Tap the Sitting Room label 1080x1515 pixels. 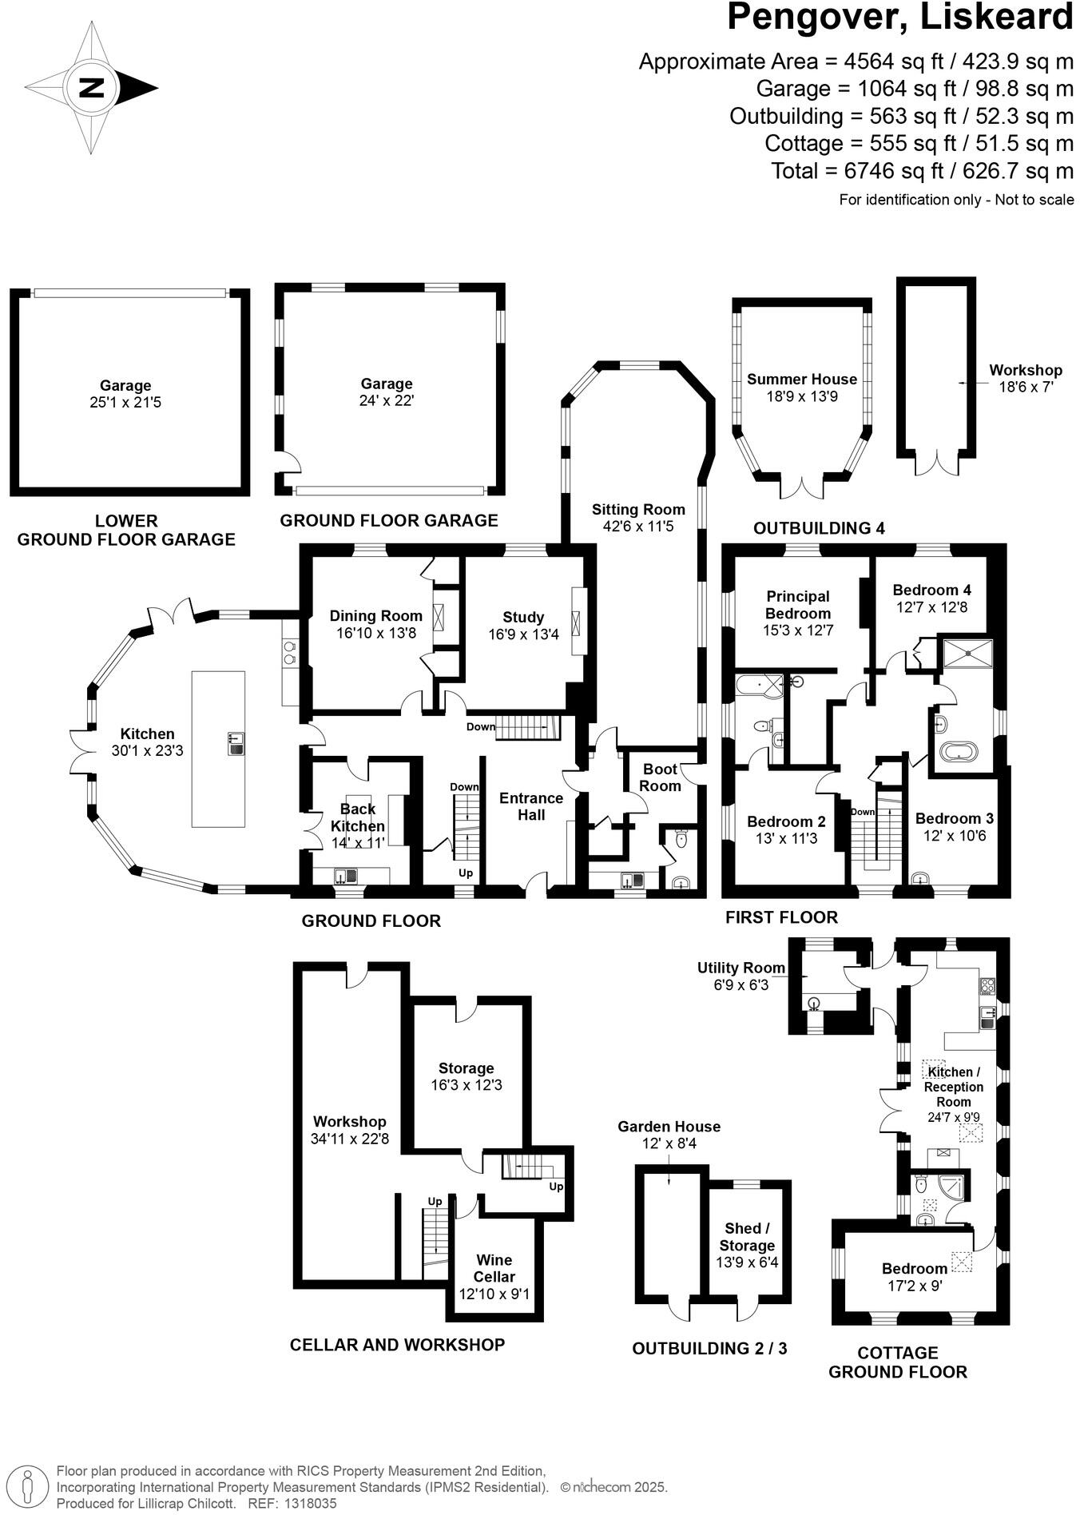point(637,509)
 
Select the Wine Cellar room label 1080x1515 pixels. point(494,1268)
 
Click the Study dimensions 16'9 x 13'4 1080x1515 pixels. point(523,634)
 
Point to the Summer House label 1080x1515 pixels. point(801,379)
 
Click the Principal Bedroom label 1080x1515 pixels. point(797,605)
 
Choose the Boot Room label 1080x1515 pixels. point(660,777)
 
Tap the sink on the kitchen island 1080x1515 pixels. point(235,743)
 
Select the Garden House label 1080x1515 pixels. point(669,1127)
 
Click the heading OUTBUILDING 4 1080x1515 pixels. point(819,528)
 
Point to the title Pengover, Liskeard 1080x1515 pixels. point(899,18)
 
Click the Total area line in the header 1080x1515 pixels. point(922,171)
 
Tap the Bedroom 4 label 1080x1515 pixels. point(931,590)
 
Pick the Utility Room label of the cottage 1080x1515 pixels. point(741,968)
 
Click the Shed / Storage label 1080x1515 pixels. point(747,1237)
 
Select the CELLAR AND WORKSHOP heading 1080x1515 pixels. point(397,1345)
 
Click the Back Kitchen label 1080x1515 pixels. point(358,817)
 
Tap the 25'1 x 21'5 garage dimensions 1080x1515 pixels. point(125,403)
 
